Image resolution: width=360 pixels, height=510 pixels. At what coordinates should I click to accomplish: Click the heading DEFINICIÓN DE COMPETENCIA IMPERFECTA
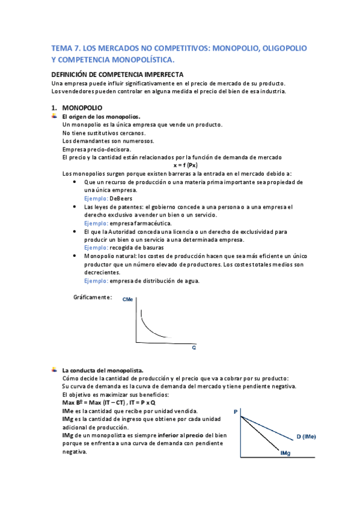point(122,75)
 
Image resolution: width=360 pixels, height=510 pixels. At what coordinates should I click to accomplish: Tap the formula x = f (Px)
point(186,165)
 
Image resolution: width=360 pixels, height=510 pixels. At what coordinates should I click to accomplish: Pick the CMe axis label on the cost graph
point(127,299)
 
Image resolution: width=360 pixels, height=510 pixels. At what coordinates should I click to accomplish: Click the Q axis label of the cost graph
point(194,348)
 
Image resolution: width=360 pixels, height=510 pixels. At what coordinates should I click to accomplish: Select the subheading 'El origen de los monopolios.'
point(101,116)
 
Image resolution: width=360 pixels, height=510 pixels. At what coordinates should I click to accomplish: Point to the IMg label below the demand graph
point(285,453)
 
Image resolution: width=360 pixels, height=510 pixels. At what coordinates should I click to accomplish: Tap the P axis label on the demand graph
point(236,411)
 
